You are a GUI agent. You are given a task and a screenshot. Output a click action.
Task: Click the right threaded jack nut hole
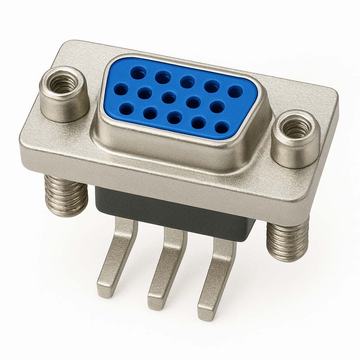tap(296, 128)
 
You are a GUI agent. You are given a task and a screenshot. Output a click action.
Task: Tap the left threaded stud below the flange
tap(66, 195)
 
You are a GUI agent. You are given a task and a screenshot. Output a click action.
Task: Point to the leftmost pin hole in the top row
tap(138, 73)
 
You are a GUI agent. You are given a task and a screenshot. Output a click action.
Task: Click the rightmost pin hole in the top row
tap(235, 91)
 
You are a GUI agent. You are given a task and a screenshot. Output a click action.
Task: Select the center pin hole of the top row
tap(187, 82)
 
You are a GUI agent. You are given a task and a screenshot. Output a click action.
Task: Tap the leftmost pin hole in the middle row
tap(121, 90)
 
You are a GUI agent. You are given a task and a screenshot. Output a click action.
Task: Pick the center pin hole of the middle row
tap(169, 97)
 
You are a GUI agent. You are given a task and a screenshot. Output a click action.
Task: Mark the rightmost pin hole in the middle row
tap(217, 107)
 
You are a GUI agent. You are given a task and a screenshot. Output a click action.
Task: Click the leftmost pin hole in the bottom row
tap(127, 109)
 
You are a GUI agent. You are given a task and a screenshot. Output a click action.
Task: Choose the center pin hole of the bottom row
tap(174, 118)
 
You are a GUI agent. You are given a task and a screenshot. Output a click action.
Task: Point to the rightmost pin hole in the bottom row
tap(222, 127)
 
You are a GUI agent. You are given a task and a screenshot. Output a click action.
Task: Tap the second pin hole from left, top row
tap(163, 77)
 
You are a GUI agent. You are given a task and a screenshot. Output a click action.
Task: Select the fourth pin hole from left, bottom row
tap(199, 123)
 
